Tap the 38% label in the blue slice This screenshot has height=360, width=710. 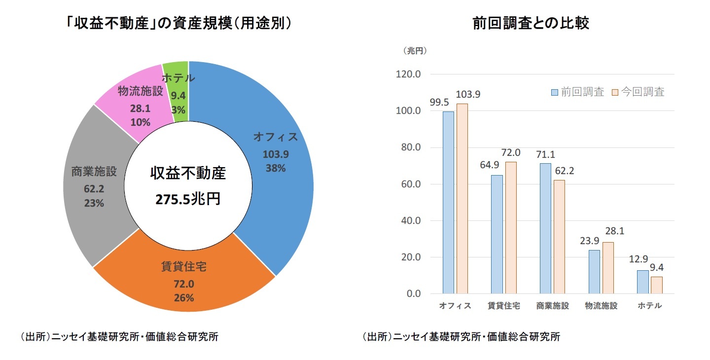[x=276, y=168]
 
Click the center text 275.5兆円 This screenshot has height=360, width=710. [x=188, y=199]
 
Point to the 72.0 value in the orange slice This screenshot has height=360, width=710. [x=184, y=285]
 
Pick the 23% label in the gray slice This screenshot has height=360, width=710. [x=94, y=203]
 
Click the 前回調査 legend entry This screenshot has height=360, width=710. [x=577, y=92]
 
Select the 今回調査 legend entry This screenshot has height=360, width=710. [x=638, y=92]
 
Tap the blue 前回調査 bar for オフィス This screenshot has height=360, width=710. [x=448, y=202]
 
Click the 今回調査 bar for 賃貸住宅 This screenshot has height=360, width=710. [x=510, y=227]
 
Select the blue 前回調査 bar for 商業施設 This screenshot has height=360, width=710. [x=545, y=228]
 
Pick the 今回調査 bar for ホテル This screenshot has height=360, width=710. [x=656, y=285]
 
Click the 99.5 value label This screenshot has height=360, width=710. [x=439, y=102]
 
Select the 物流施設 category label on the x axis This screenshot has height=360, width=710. [x=601, y=306]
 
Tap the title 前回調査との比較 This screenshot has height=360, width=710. [x=531, y=23]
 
